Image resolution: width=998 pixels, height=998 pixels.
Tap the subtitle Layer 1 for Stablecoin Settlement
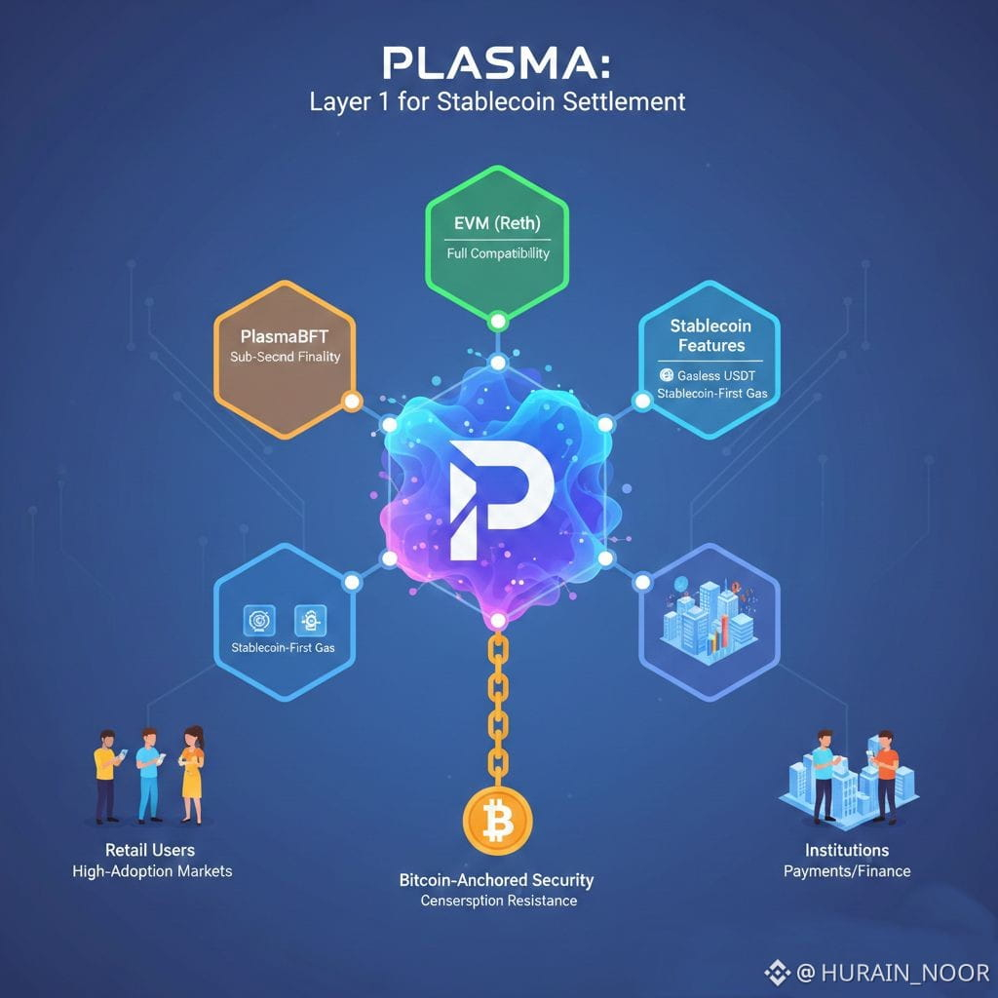point(498,101)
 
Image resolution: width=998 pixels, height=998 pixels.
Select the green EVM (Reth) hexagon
point(498,239)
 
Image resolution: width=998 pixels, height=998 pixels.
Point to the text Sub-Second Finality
point(286,357)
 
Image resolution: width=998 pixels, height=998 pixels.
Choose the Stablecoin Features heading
point(708,335)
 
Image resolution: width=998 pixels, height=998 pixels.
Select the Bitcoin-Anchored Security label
point(496,880)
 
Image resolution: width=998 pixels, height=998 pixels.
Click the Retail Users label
point(150,850)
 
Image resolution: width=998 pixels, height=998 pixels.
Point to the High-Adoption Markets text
point(152,870)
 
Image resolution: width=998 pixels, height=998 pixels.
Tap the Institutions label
point(846,850)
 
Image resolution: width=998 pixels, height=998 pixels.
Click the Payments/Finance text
point(846,870)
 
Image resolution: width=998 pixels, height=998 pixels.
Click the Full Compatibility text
point(497,253)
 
